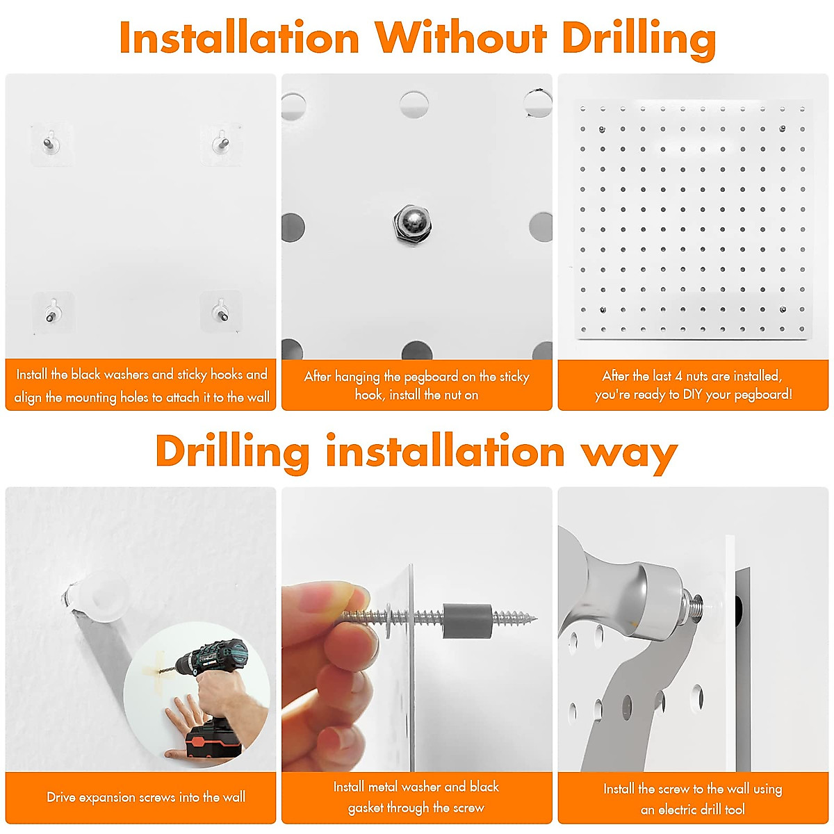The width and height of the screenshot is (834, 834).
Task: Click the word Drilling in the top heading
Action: (638, 38)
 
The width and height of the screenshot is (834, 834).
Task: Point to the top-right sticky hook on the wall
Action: (221, 142)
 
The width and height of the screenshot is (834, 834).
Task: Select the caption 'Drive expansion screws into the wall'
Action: (146, 797)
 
